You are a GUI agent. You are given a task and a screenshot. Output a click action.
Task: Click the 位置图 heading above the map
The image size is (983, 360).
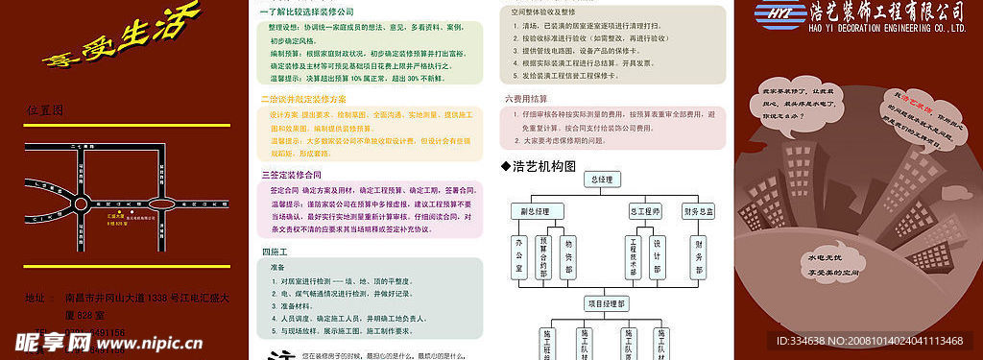click(x=45, y=111)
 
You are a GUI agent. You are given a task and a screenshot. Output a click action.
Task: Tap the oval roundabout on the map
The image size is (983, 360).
click(x=164, y=204)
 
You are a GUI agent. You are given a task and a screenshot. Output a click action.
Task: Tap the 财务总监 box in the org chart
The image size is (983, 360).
click(x=699, y=211)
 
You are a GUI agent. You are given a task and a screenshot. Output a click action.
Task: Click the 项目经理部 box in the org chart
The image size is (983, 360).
click(x=606, y=303)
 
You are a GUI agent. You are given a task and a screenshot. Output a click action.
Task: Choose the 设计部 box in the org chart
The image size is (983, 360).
click(x=657, y=256)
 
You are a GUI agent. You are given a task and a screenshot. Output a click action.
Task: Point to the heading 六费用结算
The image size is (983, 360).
click(x=525, y=99)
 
